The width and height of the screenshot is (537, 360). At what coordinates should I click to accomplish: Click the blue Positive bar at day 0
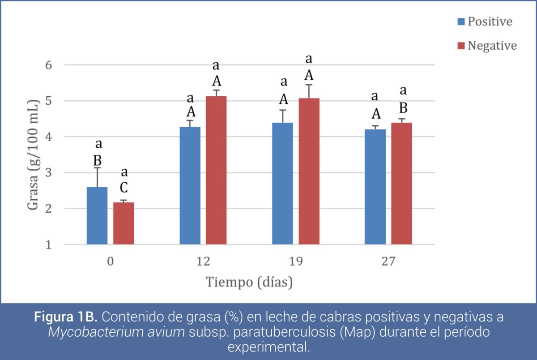97,216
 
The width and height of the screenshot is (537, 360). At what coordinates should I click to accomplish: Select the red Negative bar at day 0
124,223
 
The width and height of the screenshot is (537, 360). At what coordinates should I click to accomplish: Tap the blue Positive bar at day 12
190,186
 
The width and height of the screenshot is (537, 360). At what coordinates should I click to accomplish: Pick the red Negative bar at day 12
216,170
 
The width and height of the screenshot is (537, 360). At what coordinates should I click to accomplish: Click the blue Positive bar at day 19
283,184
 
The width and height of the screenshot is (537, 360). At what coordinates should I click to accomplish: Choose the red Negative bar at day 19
309,171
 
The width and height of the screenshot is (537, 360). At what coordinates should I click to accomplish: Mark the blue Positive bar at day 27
375,187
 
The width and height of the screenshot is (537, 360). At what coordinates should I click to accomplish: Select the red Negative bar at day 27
402,184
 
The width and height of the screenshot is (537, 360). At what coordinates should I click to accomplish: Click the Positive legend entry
485,21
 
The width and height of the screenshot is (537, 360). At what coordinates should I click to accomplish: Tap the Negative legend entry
487,46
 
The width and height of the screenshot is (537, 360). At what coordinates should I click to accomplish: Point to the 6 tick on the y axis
49,65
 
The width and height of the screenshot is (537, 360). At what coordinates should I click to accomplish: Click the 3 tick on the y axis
49,173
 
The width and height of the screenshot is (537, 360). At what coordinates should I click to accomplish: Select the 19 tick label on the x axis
296,261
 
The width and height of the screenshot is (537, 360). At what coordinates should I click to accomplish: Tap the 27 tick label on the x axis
388,261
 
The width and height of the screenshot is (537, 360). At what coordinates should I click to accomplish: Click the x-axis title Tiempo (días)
249,282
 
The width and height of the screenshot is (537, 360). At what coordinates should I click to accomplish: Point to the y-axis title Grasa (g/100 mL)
33,154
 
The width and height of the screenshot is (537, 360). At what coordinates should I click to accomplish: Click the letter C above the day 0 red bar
124,188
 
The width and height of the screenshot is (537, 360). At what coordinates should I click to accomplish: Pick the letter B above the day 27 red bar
403,108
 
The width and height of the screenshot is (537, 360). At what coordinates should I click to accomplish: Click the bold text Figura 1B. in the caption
65,317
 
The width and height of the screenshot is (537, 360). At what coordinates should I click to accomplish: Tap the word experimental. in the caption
269,347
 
